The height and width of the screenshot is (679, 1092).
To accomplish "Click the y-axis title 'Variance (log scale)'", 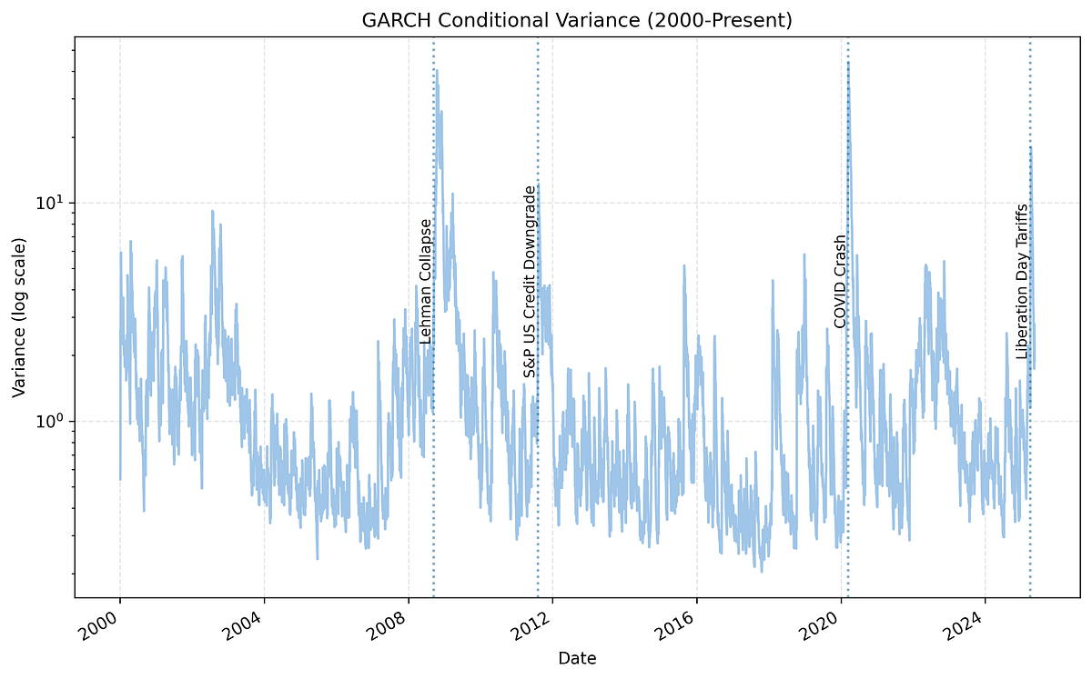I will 19,316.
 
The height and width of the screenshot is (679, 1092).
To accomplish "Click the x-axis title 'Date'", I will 577,657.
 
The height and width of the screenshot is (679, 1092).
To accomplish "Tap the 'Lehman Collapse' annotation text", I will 424,281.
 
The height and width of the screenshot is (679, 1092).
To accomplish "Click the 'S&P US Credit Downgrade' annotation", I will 530,282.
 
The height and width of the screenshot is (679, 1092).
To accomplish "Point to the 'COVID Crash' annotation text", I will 839,281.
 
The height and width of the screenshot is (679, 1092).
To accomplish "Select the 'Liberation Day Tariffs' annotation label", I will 1022,281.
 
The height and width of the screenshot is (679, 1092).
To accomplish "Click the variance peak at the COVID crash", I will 848,63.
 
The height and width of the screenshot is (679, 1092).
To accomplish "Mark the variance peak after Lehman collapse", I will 437,70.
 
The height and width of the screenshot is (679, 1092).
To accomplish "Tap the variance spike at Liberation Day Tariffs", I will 1030,147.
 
